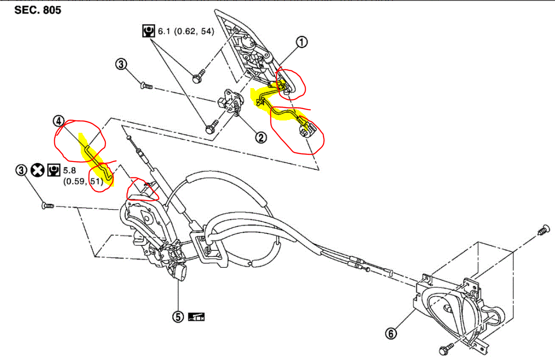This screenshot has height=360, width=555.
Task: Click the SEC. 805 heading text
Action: point(38,10)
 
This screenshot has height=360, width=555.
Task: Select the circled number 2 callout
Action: point(261,136)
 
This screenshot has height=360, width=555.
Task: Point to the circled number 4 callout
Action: point(58,121)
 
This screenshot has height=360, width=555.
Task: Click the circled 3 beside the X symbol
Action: point(21,171)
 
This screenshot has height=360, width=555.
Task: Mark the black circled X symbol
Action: point(38,171)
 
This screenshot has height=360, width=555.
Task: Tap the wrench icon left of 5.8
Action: point(54,171)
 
